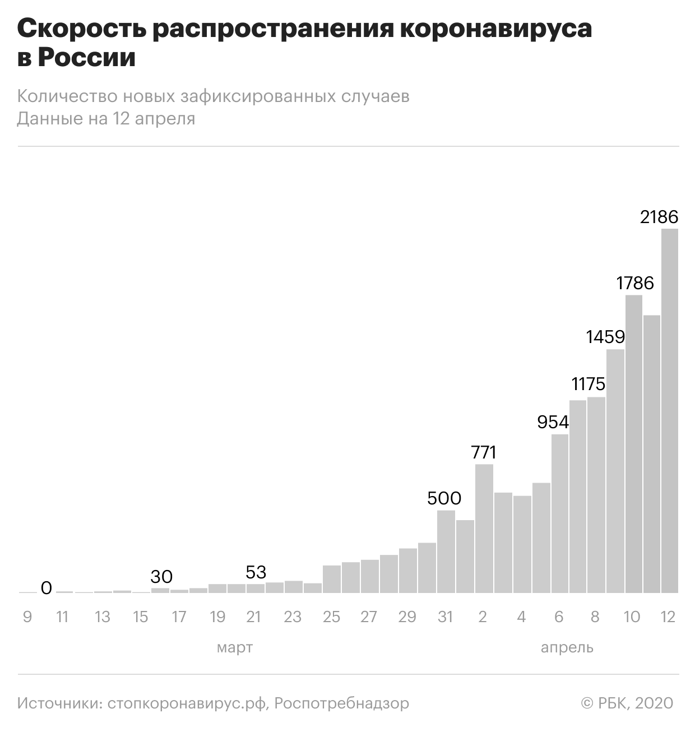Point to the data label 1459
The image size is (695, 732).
(x=605, y=337)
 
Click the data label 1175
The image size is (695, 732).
(x=589, y=384)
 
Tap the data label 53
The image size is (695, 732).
(x=256, y=572)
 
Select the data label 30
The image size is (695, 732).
(x=161, y=576)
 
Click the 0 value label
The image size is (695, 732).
(x=47, y=587)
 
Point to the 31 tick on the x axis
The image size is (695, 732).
(x=445, y=617)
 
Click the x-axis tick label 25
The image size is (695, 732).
(x=331, y=617)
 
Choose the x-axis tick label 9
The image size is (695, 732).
(x=27, y=617)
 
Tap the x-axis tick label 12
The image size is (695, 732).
(x=668, y=617)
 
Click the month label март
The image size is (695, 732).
(x=235, y=648)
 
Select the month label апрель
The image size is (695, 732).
(x=567, y=648)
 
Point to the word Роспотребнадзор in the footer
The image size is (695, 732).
(x=342, y=703)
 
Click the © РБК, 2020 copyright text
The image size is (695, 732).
(x=627, y=703)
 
